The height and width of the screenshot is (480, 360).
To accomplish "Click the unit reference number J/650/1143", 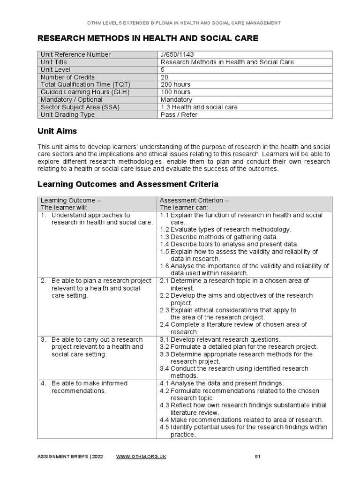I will click(177, 54).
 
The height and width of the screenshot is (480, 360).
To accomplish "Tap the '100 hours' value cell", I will click(175, 92).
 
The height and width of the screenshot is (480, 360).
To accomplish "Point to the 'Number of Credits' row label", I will click(67, 77).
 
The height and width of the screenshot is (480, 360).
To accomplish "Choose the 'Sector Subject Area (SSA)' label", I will click(80, 107).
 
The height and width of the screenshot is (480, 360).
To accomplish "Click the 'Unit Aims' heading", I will click(57, 132).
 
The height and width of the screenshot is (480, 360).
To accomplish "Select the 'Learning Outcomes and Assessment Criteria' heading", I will click(127, 184).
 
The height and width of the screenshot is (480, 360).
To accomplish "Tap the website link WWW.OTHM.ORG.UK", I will click(141, 457).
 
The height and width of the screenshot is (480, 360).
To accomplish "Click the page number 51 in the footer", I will click(257, 457).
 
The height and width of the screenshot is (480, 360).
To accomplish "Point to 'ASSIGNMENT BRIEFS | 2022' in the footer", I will click(71, 457).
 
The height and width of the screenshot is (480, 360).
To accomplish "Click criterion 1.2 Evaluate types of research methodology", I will click(225, 229).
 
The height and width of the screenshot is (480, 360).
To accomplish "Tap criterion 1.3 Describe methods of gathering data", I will click(219, 237).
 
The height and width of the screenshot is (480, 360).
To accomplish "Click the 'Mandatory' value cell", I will click(176, 99).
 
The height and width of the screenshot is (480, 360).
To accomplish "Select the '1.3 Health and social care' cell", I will click(199, 107).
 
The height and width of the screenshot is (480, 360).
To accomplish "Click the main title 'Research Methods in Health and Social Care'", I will click(148, 38).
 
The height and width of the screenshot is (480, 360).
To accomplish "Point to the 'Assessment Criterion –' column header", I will click(195, 200).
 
